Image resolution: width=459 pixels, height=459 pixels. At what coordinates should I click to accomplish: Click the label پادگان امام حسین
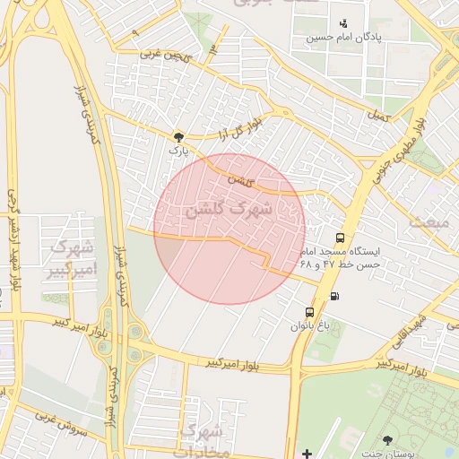344,38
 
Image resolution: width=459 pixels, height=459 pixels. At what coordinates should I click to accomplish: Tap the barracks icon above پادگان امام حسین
343,23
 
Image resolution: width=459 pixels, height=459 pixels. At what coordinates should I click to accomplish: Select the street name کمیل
380,116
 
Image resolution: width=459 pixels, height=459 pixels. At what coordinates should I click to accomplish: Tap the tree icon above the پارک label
178,137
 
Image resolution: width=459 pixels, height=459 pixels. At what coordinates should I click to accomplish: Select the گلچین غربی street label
165,56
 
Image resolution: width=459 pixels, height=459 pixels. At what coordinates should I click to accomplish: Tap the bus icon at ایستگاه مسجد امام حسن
340,238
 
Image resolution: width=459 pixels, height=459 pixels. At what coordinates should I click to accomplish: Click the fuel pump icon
334,296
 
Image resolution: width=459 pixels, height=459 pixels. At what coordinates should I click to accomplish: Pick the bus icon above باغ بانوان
309,312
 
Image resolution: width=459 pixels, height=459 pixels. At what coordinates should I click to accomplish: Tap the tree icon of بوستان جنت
387,440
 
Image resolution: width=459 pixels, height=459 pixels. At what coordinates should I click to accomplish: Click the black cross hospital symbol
307,453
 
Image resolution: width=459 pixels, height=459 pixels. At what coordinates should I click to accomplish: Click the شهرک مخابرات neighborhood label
204,439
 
